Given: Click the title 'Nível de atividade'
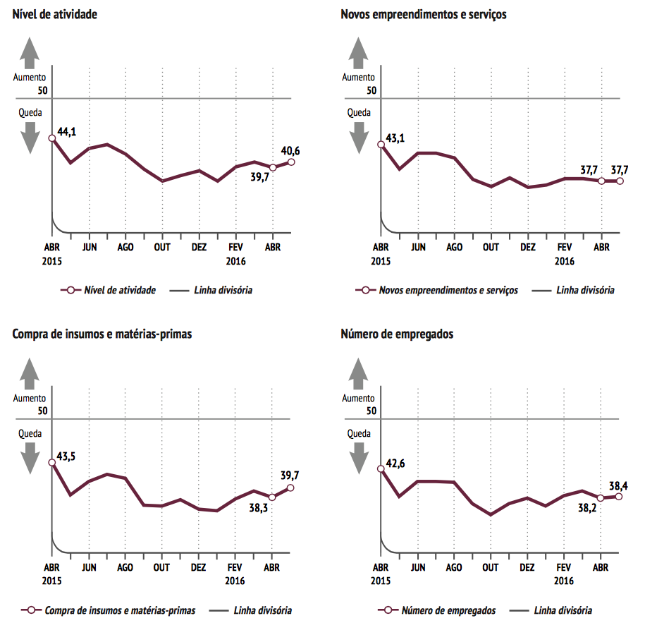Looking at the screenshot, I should coord(55,14).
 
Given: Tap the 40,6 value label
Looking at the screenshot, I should coord(290,150).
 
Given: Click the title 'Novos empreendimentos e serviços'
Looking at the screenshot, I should coord(423,14).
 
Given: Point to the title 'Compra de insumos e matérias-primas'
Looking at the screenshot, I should coord(102,334).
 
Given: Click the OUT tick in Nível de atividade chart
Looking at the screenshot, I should coord(162,247).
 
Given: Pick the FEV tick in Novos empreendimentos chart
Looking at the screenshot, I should coord(564,247).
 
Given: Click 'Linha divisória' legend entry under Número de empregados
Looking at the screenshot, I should coord(563,610).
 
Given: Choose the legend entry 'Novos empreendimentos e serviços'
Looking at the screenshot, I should coord(448,290).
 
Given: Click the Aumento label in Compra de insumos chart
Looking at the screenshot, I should coord(30,398).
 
